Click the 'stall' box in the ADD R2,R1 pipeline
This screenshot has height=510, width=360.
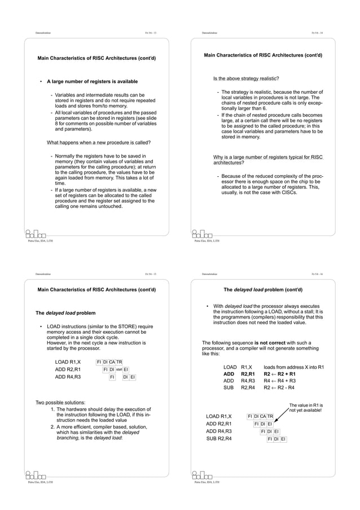click(x=120, y=370)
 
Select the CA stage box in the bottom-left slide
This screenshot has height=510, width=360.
click(x=113, y=362)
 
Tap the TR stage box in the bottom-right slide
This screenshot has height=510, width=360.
click(x=270, y=417)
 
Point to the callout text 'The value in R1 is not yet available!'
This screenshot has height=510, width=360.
click(x=305, y=408)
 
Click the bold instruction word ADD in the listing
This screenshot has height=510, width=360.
click(x=229, y=374)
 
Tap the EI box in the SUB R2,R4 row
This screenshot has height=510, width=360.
click(x=283, y=439)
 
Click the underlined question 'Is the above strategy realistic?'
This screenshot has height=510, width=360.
click(x=245, y=78)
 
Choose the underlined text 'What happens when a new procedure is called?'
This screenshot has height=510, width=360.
click(x=98, y=142)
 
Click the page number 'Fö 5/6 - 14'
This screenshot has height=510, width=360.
click(x=317, y=33)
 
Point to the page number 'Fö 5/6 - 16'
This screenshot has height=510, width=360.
click(x=317, y=274)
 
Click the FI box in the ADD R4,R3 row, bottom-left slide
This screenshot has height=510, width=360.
click(x=112, y=377)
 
